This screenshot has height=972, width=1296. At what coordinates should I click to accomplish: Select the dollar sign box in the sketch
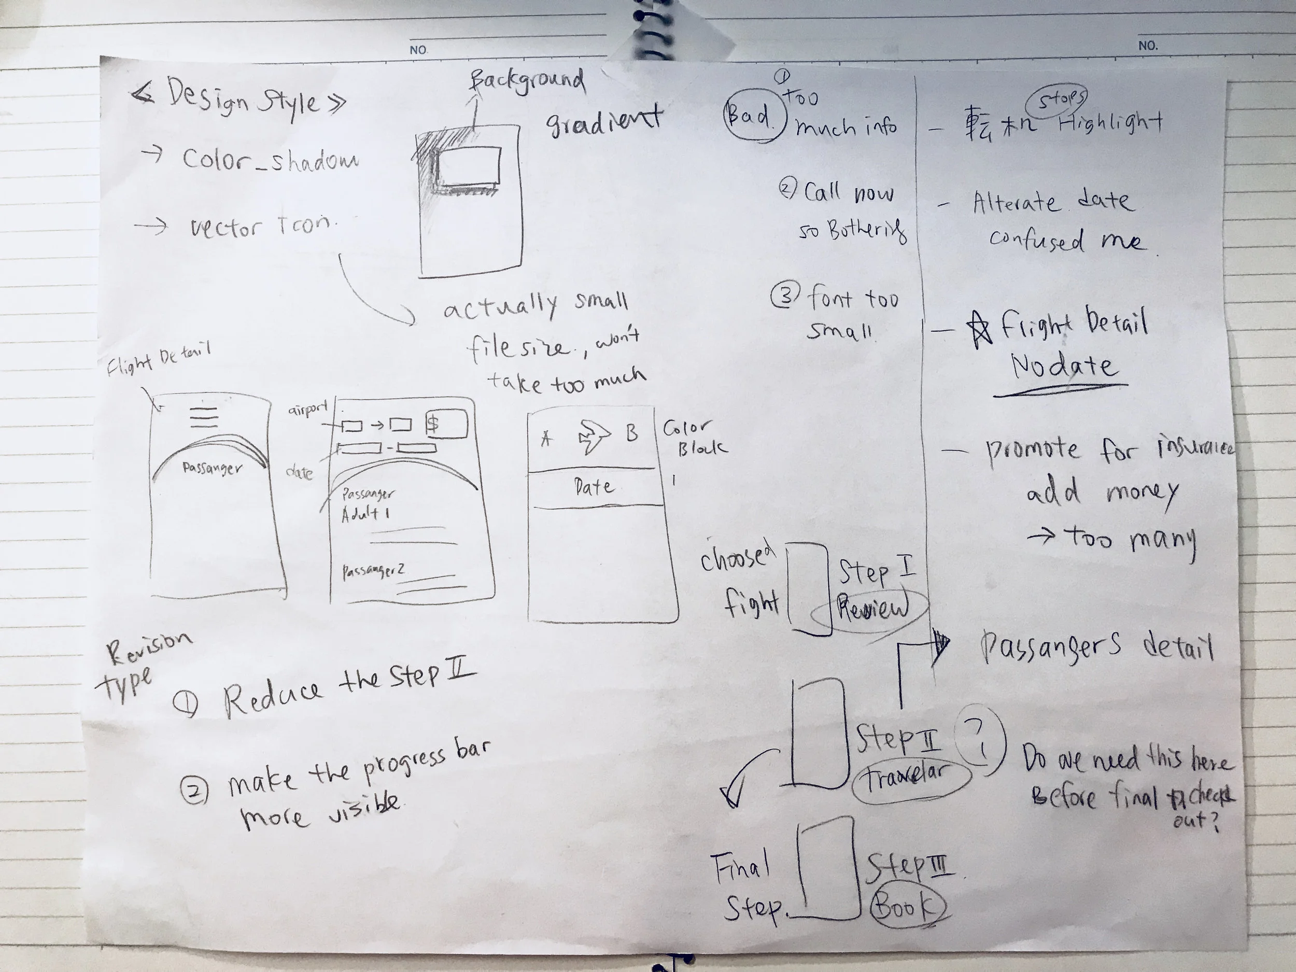446,424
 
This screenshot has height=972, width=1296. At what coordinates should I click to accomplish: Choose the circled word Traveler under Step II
908,779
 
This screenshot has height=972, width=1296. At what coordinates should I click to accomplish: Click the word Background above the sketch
527,81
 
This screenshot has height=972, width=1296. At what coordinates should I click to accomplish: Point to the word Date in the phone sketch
594,487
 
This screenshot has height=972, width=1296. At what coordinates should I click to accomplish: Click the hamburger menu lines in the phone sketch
203,417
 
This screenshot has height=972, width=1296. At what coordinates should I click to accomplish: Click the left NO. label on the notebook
418,50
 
